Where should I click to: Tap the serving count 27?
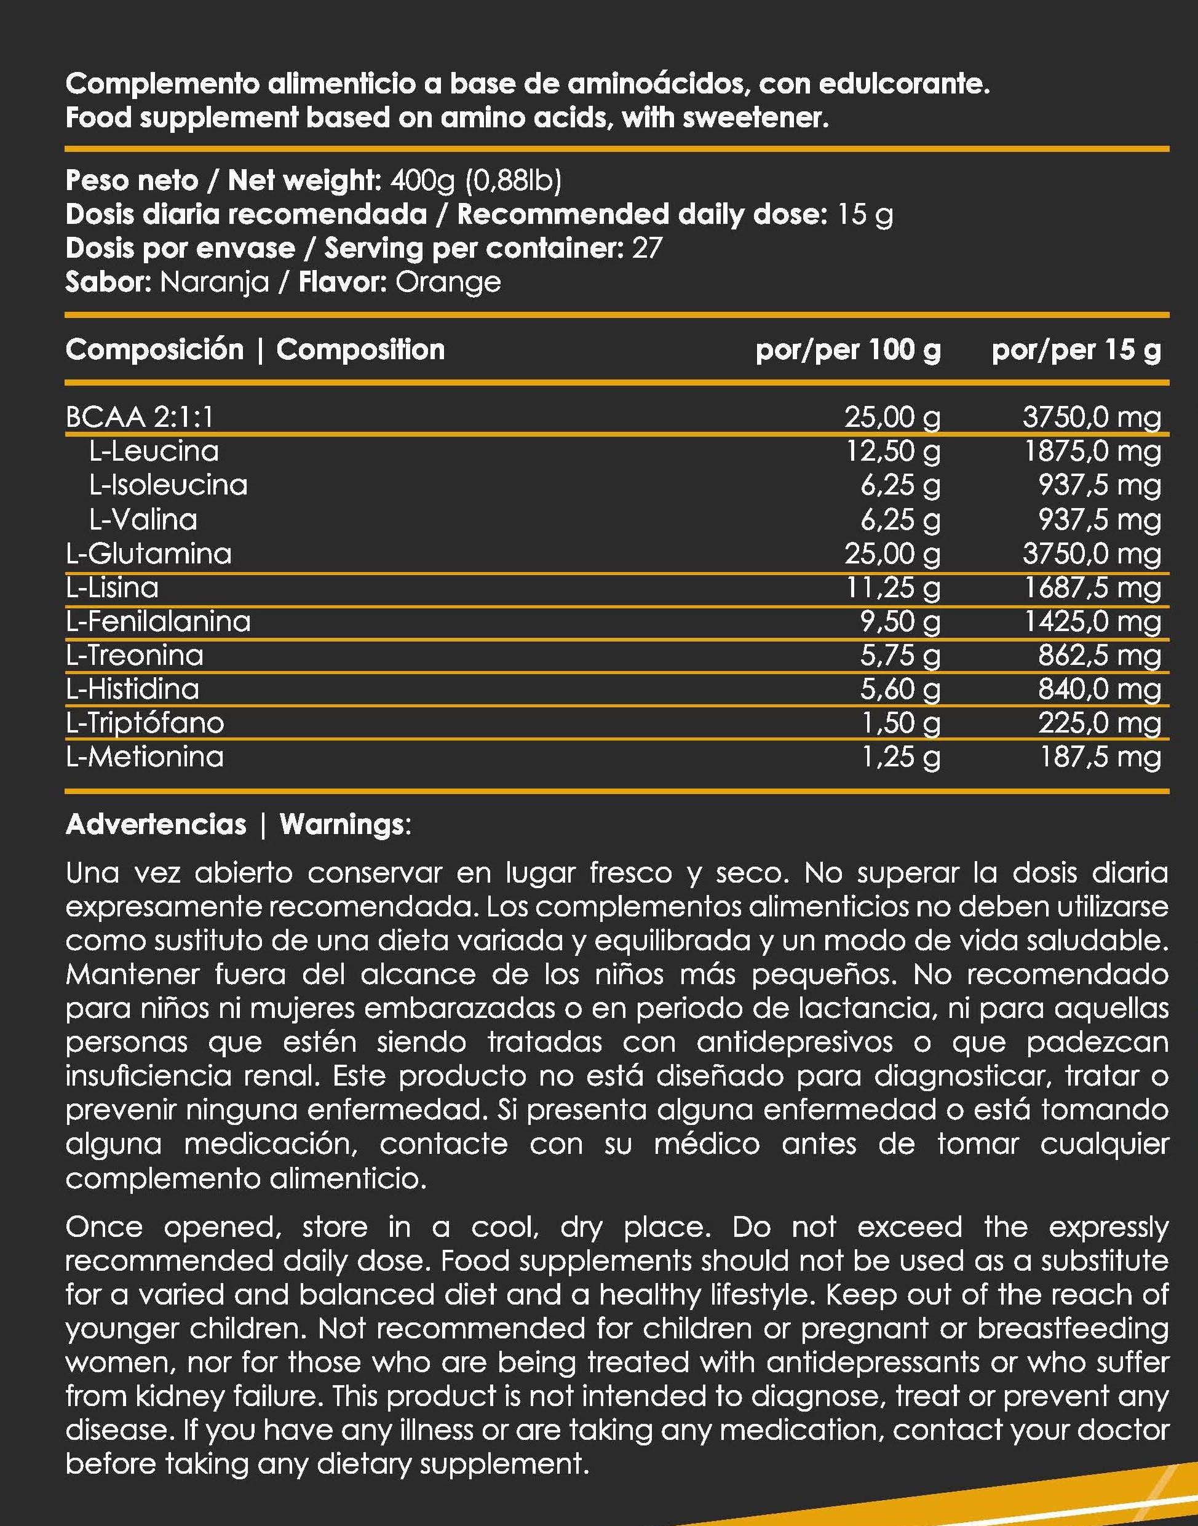[x=647, y=248]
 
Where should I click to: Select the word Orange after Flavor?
[x=448, y=282]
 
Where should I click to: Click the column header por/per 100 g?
[x=847, y=349]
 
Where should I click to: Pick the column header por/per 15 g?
[x=1076, y=349]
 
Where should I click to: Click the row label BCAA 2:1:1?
[x=140, y=417]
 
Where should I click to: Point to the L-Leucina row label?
[x=154, y=450]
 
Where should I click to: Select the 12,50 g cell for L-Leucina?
[x=892, y=450]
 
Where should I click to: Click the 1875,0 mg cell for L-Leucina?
[x=1092, y=450]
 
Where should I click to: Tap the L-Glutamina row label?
[x=149, y=554]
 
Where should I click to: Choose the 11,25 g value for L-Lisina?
[x=892, y=587]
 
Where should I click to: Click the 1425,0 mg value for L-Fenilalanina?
[x=1092, y=621]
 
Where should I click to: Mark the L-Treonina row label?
[x=135, y=655]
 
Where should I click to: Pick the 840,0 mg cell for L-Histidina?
[x=1099, y=689]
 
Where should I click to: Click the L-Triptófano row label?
[x=145, y=723]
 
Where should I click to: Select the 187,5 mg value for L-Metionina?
[x=1099, y=757]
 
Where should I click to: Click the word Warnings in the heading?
[x=341, y=824]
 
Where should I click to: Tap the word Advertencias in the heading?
[x=156, y=824]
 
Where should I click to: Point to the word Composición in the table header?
[x=154, y=349]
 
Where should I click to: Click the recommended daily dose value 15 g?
[x=865, y=215]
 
